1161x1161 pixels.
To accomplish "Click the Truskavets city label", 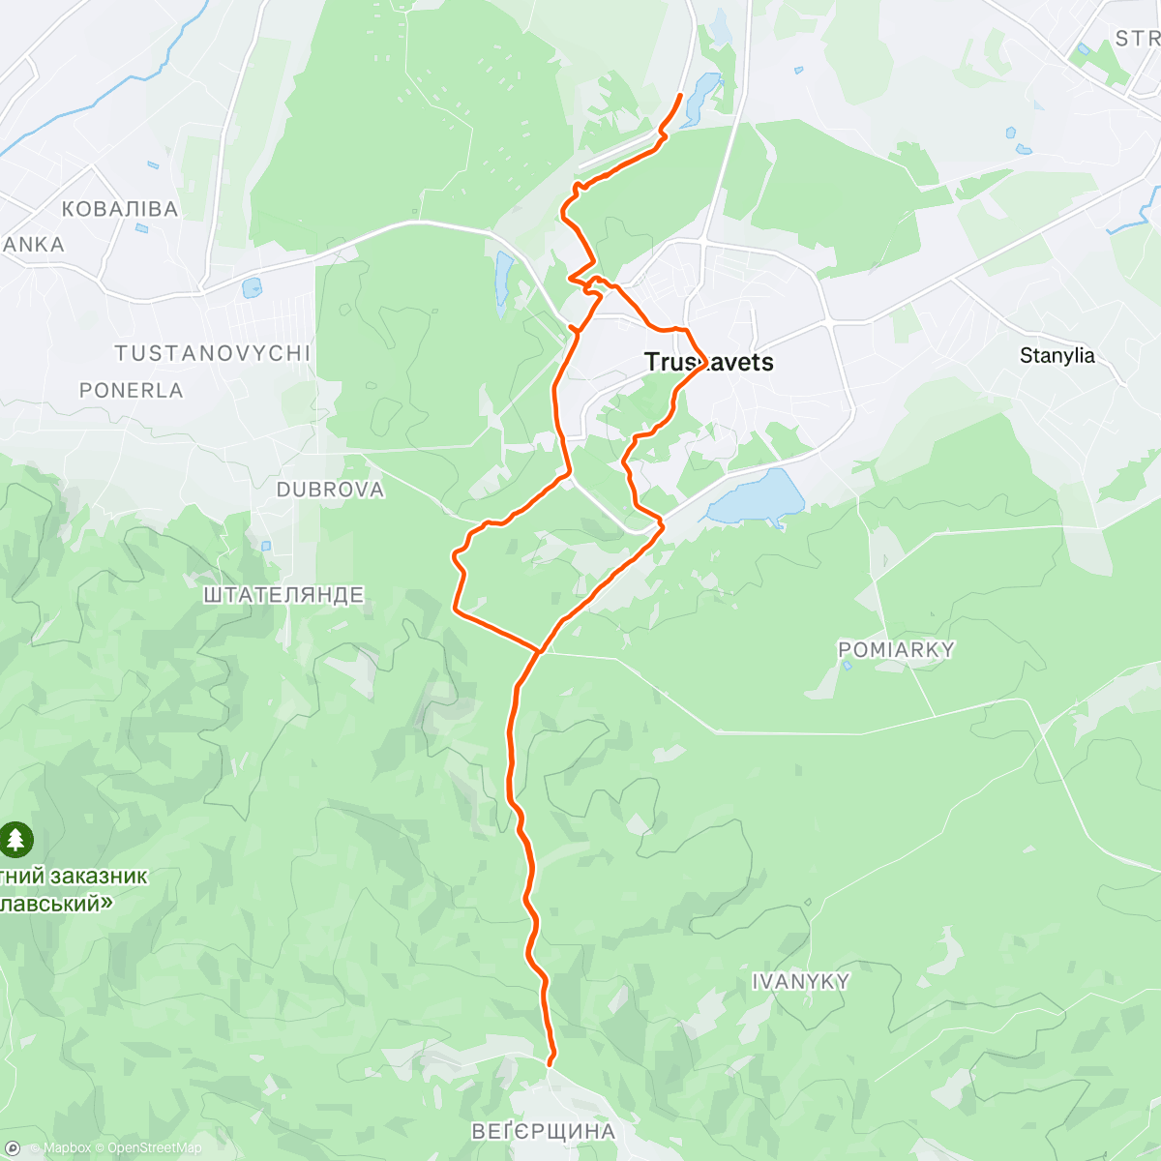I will pos(709,362).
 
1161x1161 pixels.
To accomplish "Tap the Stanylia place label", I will pos(1057,355).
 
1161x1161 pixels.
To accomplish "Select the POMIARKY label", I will pos(896,650).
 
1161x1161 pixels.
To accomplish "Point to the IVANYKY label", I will pos(801,981).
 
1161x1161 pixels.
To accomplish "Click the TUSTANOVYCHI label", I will pos(213,353).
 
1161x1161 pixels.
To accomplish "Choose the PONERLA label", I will pos(132,390).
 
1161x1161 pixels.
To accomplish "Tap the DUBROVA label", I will pos(330,490).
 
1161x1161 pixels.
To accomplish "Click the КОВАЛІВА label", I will pos(119,209).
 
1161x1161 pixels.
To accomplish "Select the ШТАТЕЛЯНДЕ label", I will pos(283,594).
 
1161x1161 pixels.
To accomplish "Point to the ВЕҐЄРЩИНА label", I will pos(543,1131).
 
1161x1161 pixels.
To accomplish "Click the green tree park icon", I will pos(15,839).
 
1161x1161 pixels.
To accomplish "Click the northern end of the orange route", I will pos(681,95).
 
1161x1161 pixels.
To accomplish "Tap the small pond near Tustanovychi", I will pos(252,287).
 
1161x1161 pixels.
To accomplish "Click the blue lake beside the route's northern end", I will pos(702,98).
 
